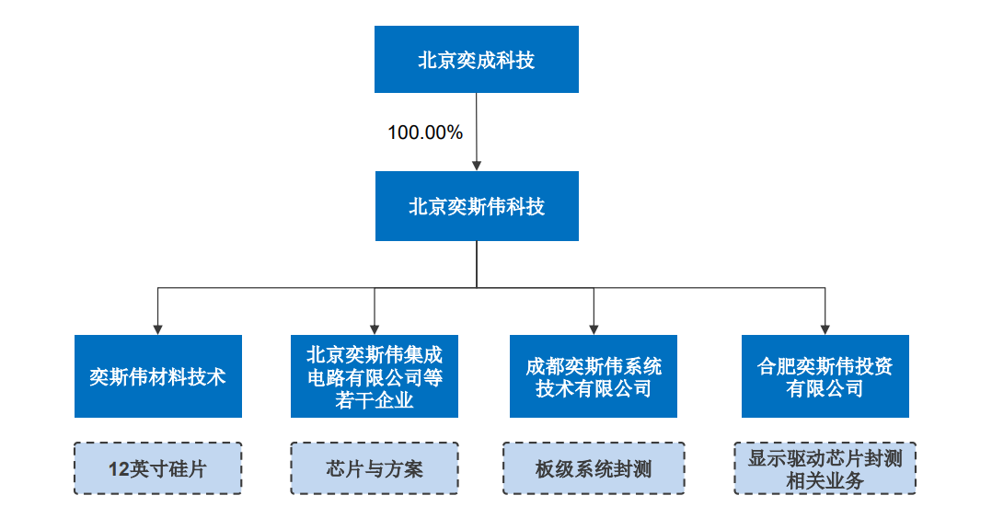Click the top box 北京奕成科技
click(x=476, y=60)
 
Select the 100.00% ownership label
click(x=424, y=132)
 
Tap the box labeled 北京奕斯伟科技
click(x=476, y=206)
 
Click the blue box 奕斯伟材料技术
click(x=157, y=376)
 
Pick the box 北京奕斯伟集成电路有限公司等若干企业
click(x=374, y=376)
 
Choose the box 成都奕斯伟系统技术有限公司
click(x=593, y=376)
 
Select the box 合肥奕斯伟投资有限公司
click(x=825, y=376)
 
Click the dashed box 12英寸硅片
click(x=157, y=468)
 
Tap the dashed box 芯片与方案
click(x=374, y=468)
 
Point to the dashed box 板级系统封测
click(x=593, y=468)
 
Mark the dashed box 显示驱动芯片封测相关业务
click(x=825, y=468)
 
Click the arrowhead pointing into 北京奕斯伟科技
click(x=476, y=166)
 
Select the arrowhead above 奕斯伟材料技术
click(x=157, y=328)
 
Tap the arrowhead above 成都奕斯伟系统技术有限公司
click(x=593, y=328)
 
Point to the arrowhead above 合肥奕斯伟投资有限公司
click(x=825, y=328)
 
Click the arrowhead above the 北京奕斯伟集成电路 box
click(x=374, y=328)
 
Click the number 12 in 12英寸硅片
click(x=118, y=469)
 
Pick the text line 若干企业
click(x=374, y=400)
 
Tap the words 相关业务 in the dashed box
click(x=825, y=480)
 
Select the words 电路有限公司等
click(x=374, y=377)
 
